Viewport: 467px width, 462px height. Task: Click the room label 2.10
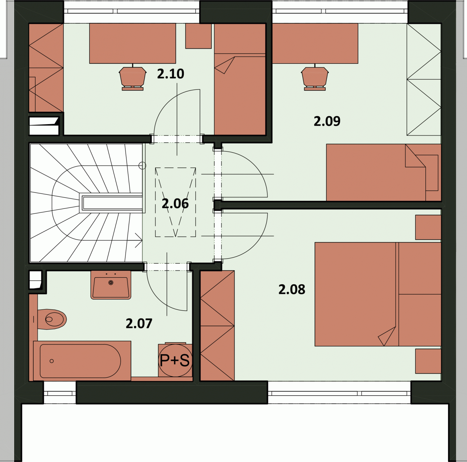171,74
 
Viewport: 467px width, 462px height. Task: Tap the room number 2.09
327,121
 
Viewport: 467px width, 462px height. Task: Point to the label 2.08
292,289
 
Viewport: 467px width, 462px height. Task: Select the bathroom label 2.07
139,323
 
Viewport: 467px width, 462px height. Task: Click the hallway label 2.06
175,204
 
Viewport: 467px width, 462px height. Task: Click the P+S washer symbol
175,360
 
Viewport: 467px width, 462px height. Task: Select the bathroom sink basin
111,285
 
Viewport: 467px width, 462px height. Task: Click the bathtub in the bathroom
82,361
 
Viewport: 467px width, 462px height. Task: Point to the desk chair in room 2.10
133,78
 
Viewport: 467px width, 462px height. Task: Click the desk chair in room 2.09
315,78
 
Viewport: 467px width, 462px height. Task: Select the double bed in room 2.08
378,294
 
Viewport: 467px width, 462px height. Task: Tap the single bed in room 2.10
239,79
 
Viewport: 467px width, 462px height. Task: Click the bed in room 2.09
383,173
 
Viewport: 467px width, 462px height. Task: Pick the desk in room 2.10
133,43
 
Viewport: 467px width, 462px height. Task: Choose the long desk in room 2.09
315,43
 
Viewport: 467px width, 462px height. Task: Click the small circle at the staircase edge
142,166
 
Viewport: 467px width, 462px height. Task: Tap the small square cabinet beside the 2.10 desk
198,36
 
